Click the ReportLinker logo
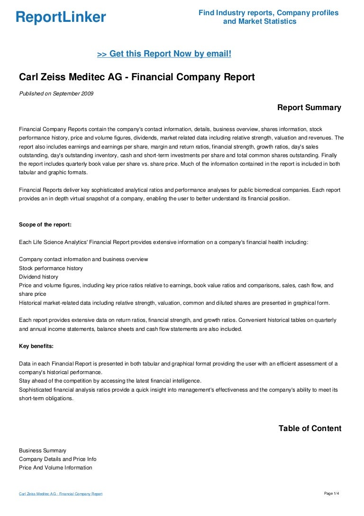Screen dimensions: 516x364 [61, 17]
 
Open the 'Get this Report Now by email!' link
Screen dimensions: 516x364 [164, 54]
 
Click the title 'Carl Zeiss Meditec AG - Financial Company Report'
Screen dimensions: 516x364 [136, 77]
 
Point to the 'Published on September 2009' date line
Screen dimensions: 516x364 [56, 94]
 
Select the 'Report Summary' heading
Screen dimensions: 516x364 [309, 108]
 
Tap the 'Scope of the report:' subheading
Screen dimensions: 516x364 [45, 224]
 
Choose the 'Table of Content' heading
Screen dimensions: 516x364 [309, 429]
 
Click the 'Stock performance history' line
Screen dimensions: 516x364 [51, 268]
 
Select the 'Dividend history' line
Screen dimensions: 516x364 [38, 277]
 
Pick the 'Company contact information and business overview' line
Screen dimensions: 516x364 [83, 260]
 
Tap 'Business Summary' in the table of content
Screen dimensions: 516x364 [43, 450]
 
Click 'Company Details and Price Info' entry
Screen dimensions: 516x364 [57, 459]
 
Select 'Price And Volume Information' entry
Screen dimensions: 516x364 [55, 468]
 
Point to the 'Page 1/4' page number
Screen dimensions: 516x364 [332, 494]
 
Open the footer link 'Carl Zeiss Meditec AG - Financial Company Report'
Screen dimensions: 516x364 [61, 494]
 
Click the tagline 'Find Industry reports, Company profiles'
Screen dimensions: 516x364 [268, 13]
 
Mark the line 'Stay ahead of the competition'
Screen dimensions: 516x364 [110, 381]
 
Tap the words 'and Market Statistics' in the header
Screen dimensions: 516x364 [260, 21]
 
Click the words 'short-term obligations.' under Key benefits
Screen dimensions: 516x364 [46, 398]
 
